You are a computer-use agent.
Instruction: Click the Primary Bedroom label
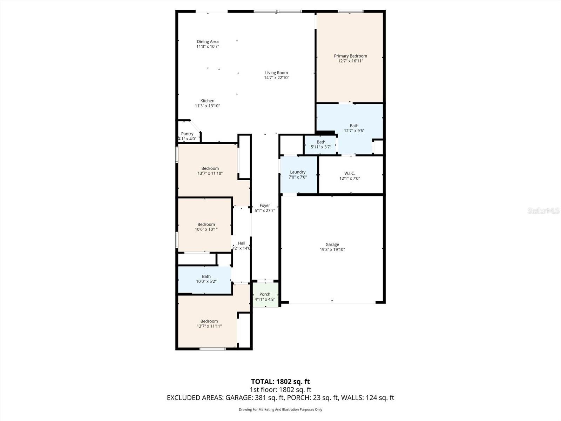(350, 56)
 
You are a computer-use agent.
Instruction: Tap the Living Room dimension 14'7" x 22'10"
(276, 78)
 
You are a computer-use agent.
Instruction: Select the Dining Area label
(208, 41)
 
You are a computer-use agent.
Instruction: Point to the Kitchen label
(207, 101)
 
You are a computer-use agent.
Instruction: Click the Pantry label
(187, 134)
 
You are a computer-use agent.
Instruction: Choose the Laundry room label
(298, 172)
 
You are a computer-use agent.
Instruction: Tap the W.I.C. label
(349, 173)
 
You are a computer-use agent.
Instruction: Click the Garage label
(332, 245)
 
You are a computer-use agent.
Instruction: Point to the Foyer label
(265, 206)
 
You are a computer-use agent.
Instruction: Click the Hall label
(242, 243)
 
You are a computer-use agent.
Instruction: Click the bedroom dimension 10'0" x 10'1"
(206, 229)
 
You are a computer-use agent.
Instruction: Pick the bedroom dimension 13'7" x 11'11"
(209, 326)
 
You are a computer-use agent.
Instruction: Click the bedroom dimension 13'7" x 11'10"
(210, 173)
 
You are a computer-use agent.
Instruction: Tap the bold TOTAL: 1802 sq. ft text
(280, 381)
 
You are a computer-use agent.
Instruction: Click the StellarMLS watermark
(543, 210)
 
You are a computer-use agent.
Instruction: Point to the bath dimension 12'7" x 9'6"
(354, 131)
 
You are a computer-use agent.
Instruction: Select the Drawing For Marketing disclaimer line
(280, 409)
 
